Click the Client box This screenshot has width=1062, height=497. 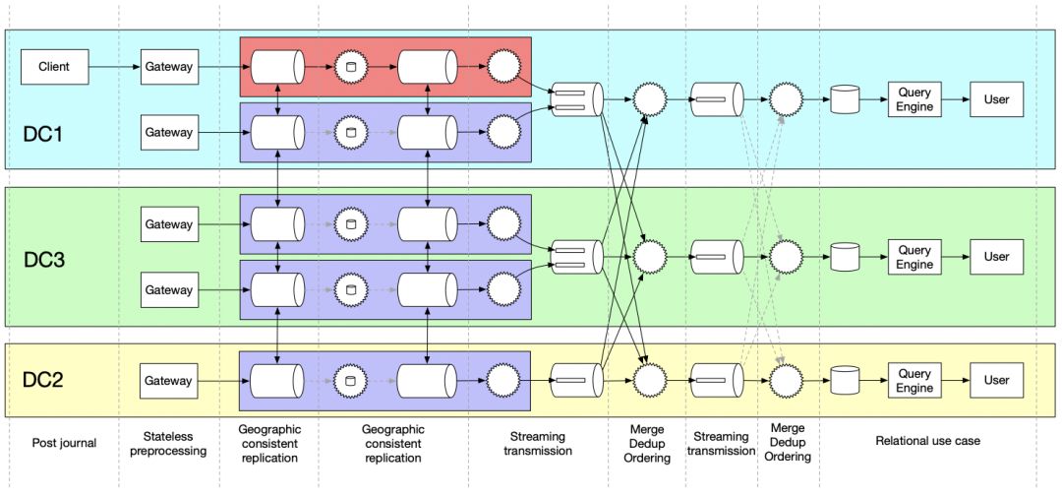(54, 67)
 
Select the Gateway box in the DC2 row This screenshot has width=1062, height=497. (169, 381)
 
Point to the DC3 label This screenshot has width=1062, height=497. (43, 260)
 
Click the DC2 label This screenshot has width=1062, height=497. (43, 380)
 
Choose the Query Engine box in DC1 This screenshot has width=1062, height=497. (914, 99)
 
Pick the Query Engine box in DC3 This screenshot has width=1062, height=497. (914, 257)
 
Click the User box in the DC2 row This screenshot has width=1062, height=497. (996, 381)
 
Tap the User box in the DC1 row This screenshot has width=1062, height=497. (996, 99)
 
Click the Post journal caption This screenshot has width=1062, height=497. (64, 443)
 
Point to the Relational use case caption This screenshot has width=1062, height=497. (927, 441)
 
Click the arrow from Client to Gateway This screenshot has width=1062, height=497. (114, 67)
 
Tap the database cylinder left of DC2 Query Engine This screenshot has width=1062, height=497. (845, 381)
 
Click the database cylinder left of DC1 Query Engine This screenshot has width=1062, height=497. (845, 99)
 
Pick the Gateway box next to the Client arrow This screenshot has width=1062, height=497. (169, 67)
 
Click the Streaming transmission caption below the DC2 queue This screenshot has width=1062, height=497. (721, 444)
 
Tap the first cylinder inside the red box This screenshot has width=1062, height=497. (276, 67)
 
